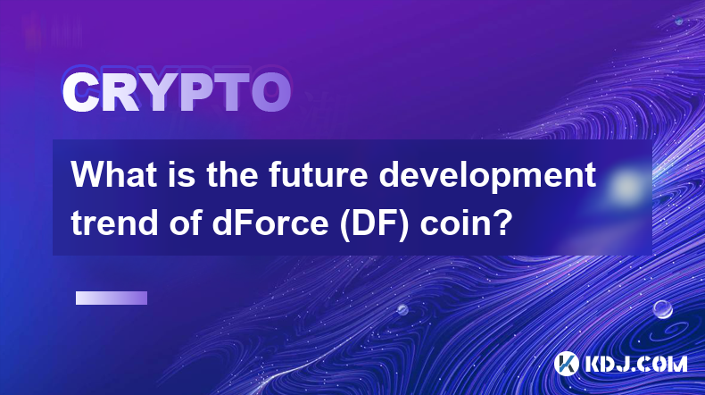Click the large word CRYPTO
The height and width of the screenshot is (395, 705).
177,92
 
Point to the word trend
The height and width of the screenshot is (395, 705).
114,223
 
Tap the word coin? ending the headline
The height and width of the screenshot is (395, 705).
466,223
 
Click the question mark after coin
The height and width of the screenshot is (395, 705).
503,222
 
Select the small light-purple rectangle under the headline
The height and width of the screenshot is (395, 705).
112,298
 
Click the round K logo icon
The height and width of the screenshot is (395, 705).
566,364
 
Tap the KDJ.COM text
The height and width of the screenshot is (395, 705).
635,364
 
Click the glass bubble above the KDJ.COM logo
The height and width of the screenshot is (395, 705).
662,309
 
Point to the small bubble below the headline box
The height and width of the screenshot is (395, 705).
402,309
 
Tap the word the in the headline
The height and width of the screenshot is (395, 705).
232,174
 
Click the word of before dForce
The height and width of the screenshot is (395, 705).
185,223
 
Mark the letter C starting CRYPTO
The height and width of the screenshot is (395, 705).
80,92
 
